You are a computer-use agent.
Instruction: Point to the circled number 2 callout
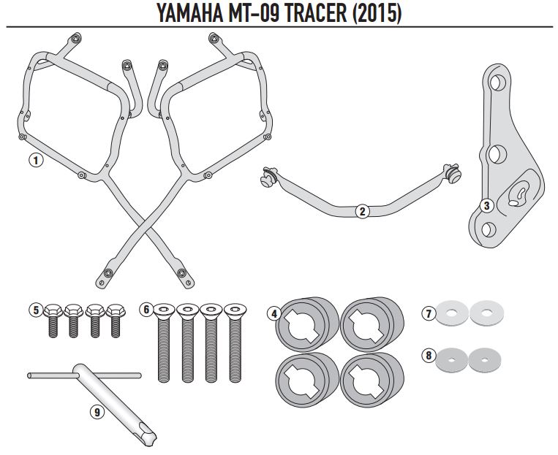[361, 212]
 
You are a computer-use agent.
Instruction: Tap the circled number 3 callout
[486, 206]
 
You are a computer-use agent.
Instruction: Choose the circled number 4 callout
[274, 314]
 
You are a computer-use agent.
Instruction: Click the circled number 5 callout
[34, 310]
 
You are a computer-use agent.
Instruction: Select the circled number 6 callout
[146, 310]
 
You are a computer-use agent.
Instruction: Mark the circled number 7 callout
[429, 313]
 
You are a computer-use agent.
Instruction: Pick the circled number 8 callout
[429, 356]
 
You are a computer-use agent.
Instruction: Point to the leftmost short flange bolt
[53, 320]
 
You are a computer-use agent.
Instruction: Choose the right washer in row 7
[483, 314]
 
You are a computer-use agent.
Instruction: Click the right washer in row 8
[483, 357]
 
